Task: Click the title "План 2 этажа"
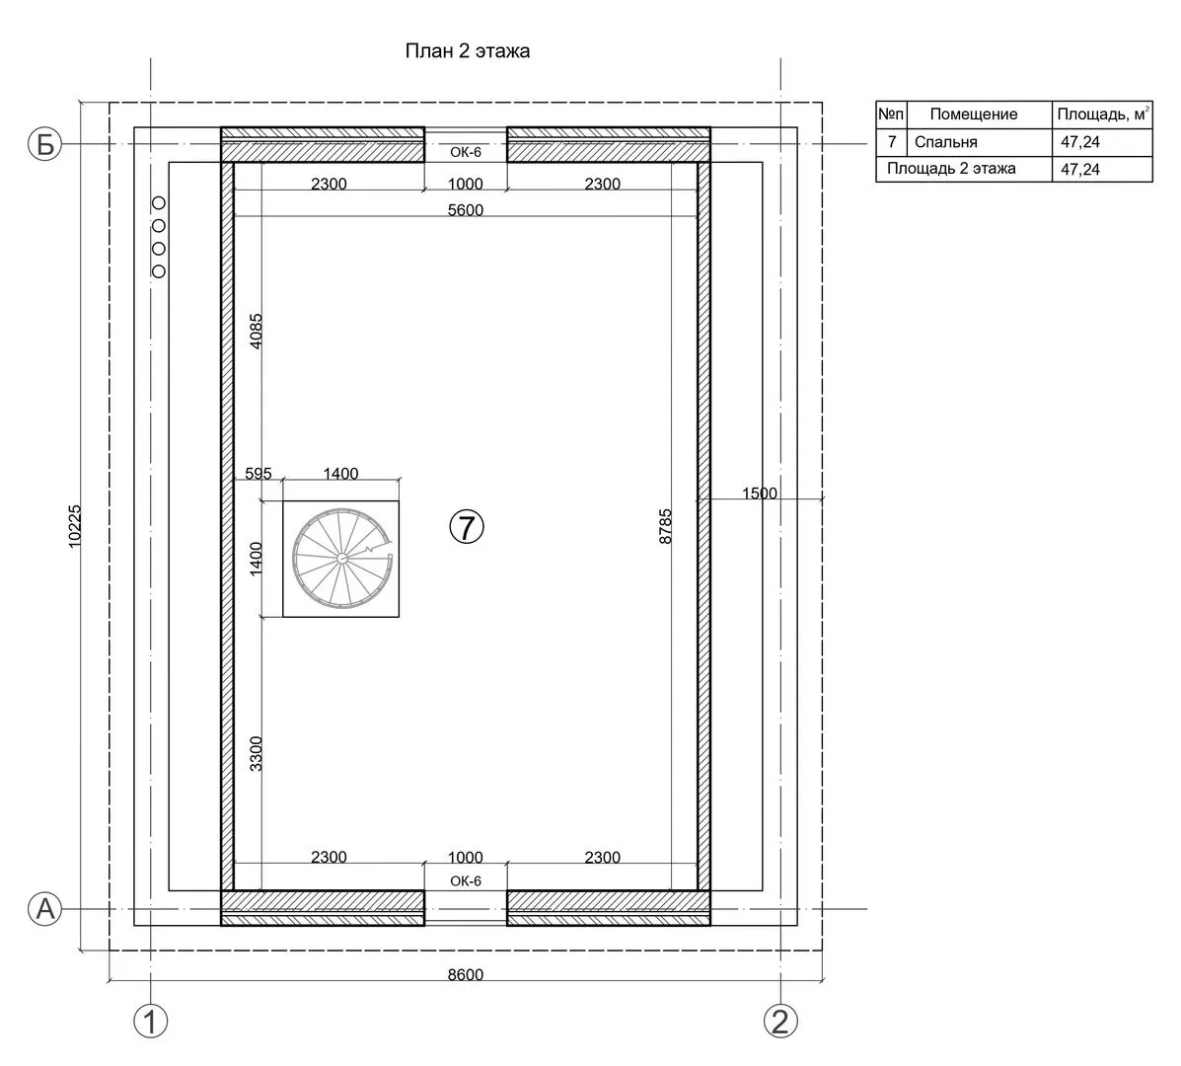[467, 51]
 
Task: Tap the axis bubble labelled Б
[45, 144]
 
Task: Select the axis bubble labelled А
[45, 908]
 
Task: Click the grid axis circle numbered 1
[151, 1022]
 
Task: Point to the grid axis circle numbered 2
[780, 1022]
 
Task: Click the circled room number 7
[467, 527]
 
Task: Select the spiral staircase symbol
[342, 558]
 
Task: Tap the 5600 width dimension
[466, 209]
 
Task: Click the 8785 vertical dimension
[665, 527]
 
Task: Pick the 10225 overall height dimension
[75, 526]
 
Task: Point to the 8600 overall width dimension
[466, 974]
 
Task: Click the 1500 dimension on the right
[760, 494]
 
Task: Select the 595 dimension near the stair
[258, 473]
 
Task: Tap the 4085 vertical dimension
[257, 331]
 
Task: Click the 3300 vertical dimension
[257, 753]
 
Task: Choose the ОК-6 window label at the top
[466, 151]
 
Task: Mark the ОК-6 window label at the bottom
[466, 880]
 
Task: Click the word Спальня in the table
[946, 142]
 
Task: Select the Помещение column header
[974, 114]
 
